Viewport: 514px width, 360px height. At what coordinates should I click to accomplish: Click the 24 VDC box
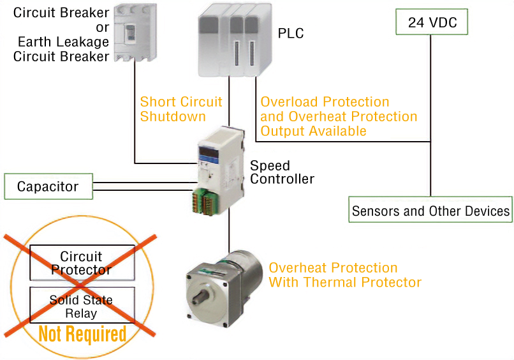coord(432,23)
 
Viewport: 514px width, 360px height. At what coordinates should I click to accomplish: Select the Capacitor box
coord(48,186)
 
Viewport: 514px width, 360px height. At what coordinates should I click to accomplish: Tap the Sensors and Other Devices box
coord(431,211)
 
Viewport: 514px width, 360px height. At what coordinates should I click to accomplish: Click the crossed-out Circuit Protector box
coord(82,262)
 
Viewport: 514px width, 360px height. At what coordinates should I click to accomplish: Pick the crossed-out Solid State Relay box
coord(82,306)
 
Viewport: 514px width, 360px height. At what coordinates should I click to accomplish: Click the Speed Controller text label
coord(281,172)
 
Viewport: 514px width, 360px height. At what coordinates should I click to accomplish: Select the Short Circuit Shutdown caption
coord(181,109)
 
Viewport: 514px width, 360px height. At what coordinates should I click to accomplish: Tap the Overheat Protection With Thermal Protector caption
coord(345,274)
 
